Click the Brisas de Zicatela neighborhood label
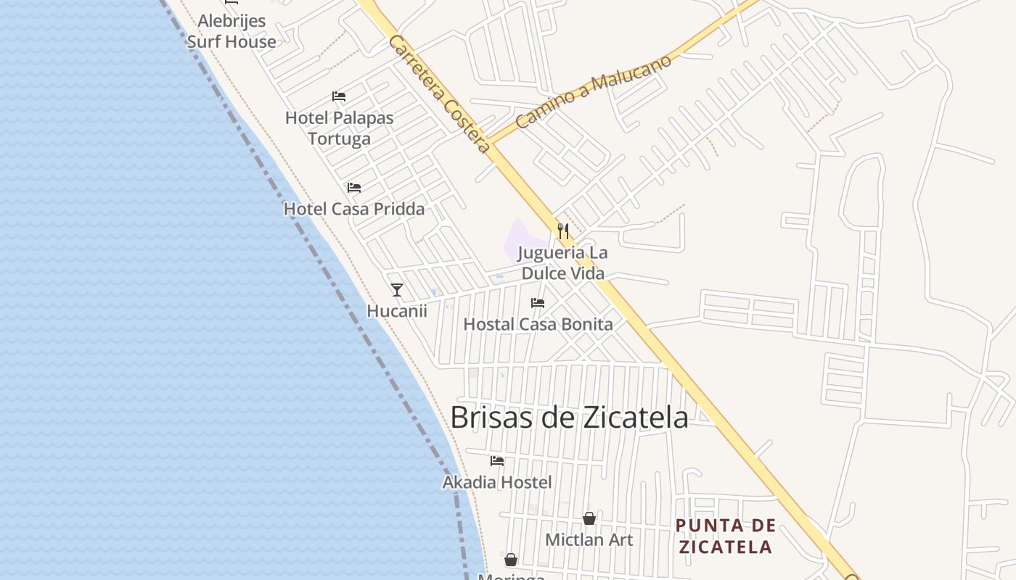[569, 418]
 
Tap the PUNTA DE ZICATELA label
[725, 536]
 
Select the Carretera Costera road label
[440, 94]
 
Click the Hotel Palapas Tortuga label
[339, 128]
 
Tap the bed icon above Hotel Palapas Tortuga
[338, 96]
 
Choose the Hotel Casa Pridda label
[353, 209]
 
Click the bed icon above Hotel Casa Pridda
[353, 188]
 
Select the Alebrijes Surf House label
[232, 31]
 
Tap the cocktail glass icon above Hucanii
[396, 290]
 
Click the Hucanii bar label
[396, 311]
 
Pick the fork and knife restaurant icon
[562, 231]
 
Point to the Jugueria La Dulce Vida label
[562, 263]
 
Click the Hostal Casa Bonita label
[538, 324]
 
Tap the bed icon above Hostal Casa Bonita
[538, 302]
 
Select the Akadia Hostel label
[497, 482]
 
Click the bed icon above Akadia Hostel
[497, 460]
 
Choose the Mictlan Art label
[589, 540]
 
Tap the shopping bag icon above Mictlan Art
[589, 518]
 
